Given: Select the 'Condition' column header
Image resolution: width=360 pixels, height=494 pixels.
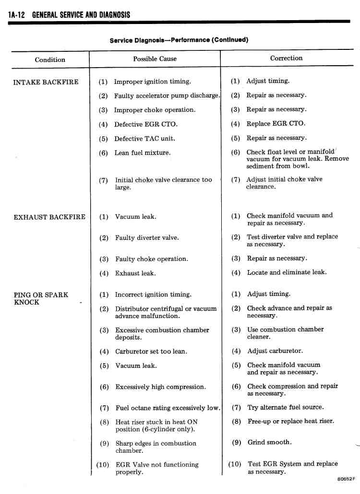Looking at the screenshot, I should tap(50, 60).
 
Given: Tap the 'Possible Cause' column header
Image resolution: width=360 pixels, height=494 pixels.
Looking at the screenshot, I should tap(155, 59).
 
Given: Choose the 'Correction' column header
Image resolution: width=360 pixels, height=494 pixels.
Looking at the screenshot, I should tap(286, 58).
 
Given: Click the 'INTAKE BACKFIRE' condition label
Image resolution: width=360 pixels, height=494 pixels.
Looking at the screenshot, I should tap(46, 82).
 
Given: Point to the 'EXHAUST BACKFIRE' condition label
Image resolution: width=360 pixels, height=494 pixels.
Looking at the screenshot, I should tap(49, 217).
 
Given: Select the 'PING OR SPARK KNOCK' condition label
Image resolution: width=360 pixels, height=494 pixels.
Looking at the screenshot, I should tap(41, 298).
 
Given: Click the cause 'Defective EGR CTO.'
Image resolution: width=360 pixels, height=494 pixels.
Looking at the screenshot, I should tap(145, 124).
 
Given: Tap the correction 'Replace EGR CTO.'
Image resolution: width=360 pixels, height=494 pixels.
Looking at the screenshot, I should tap(276, 124).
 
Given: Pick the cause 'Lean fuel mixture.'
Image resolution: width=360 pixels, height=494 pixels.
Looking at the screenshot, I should tap(142, 153).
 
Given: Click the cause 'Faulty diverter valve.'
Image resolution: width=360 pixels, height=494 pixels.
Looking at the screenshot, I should tap(146, 238).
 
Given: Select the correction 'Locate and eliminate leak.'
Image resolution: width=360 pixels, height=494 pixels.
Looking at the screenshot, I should tap(287, 272).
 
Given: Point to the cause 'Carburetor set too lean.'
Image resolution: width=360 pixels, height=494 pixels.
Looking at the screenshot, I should tap(151, 352).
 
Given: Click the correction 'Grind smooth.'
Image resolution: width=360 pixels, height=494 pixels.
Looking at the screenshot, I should tap(269, 442).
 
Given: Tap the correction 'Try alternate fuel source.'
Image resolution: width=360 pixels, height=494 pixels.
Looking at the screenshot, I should tap(285, 407).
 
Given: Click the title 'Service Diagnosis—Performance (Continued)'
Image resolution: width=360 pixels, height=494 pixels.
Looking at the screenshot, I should tap(179, 40).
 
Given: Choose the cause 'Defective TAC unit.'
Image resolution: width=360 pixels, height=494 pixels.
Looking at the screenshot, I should tap(144, 139).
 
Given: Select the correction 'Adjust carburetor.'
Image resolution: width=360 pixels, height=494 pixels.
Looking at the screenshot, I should tap(275, 351).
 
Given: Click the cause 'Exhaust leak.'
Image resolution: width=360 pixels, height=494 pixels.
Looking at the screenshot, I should tap(135, 273).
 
